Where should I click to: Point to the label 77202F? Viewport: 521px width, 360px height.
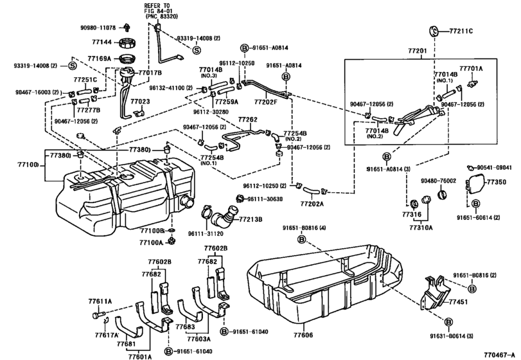click(x=265, y=102)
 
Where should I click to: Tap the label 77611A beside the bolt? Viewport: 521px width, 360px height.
click(x=100, y=301)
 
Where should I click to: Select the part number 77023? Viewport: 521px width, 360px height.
click(x=139, y=102)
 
